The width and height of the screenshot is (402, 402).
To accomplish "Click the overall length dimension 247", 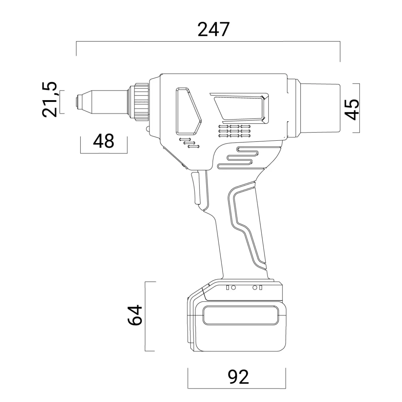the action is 213,29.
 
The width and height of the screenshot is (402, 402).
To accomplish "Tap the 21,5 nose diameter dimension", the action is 50,99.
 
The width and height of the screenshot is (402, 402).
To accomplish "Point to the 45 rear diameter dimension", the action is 351,110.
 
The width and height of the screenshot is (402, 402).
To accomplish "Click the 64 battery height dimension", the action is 135,315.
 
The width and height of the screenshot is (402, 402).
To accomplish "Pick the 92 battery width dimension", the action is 238,377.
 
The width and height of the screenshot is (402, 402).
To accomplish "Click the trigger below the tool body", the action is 195,188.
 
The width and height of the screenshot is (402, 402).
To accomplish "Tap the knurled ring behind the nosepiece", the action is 140,102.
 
